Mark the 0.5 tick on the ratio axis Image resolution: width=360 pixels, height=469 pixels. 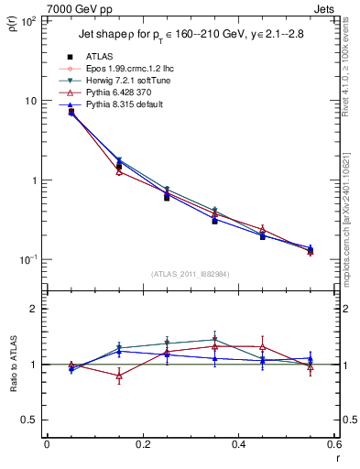(x=33, y=420)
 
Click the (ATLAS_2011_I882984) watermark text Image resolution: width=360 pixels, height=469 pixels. (x=189, y=273)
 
